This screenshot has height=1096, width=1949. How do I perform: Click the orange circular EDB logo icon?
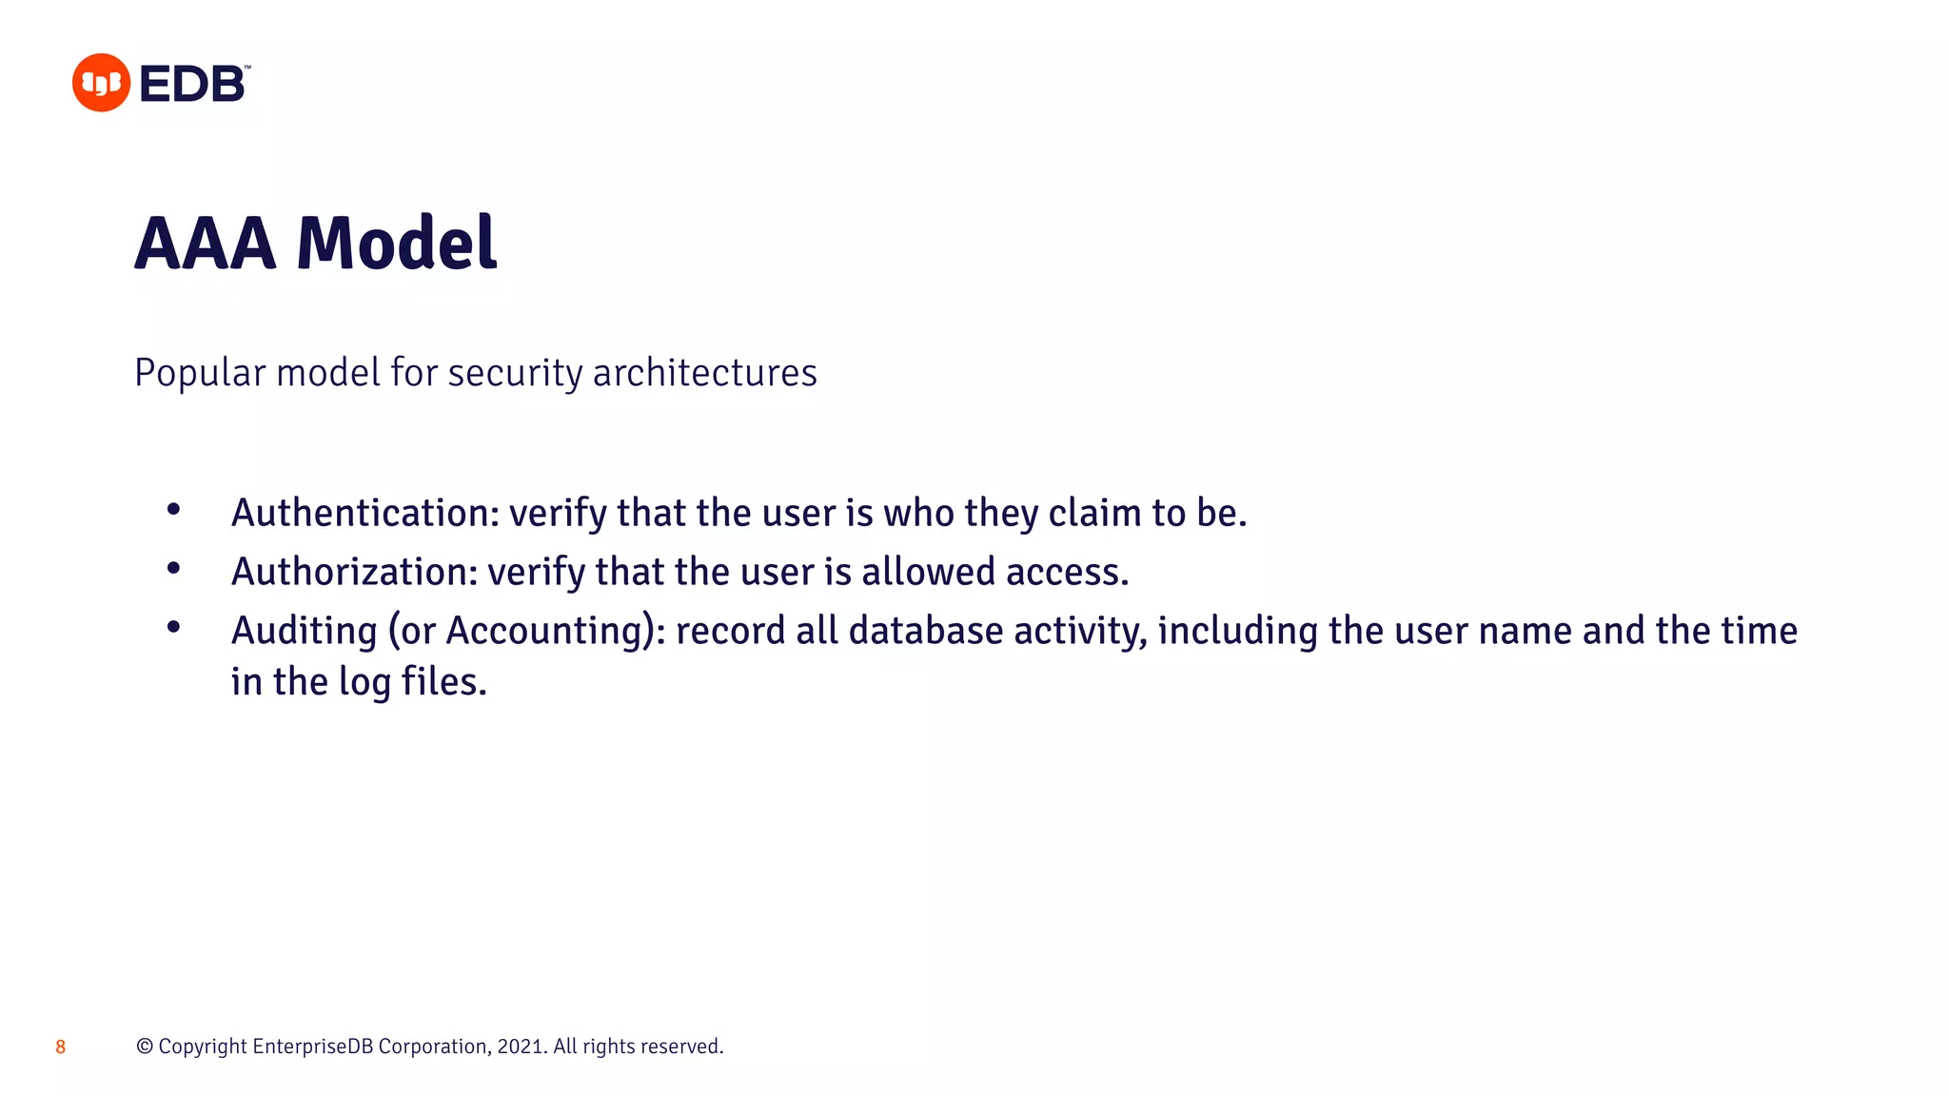point(101,83)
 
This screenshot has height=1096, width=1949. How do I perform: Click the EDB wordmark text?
point(193,84)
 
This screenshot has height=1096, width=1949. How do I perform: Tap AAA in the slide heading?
point(206,244)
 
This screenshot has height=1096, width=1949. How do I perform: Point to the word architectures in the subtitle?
point(704,373)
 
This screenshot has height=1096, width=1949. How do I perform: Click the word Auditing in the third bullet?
point(305,631)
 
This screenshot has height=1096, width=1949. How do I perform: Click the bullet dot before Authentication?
point(173,510)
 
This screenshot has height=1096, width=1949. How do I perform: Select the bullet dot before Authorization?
point(173,569)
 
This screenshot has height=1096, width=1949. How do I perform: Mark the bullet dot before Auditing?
point(173,627)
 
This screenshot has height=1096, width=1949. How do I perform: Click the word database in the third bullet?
point(925,631)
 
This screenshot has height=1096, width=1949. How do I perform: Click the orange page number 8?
point(60,1047)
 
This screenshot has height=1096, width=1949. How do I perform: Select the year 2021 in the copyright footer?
point(520,1047)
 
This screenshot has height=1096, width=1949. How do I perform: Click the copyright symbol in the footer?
point(145,1047)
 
